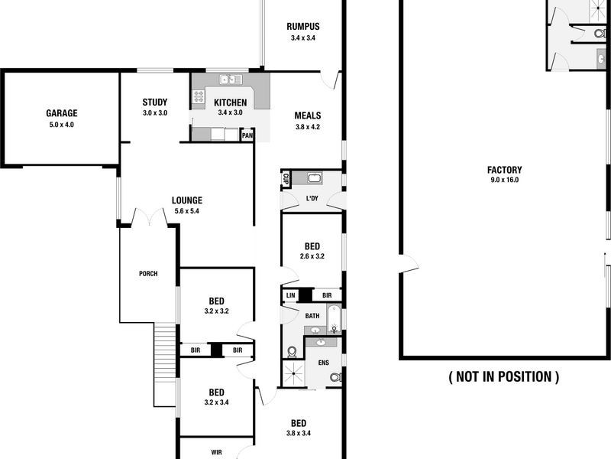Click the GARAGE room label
coord(62,113)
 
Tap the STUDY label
coord(155,103)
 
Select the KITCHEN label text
coord(230,103)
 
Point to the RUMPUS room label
coord(303,26)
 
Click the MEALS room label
coord(308,116)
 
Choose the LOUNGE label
coord(187,200)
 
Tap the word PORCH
coord(148,274)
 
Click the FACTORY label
coord(504,170)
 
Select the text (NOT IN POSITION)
coord(504,376)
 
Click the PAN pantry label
coord(247,136)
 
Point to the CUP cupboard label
coord(286,180)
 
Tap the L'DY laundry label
coord(312,200)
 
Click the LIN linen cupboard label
coord(290,295)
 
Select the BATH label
coord(312,316)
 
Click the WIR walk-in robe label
coord(216,452)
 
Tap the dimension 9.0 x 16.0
coord(504,181)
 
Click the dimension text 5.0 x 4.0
coord(62,124)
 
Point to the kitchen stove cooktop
coord(199,96)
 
